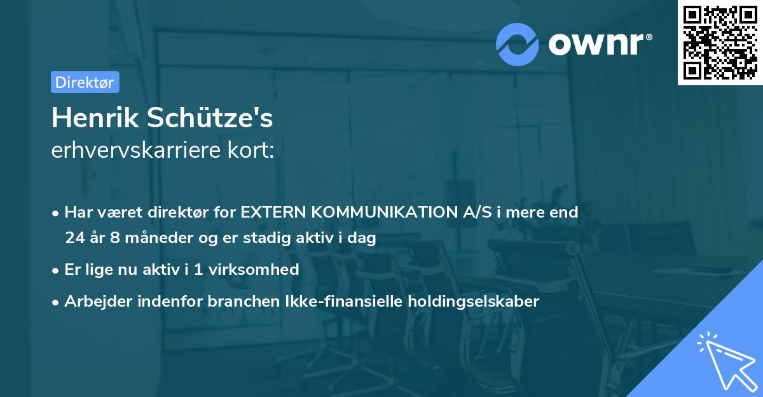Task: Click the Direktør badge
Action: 85,82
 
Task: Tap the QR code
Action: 720,43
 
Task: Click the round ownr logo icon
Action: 518,44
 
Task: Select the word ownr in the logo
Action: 598,44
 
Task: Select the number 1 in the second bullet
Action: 198,269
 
